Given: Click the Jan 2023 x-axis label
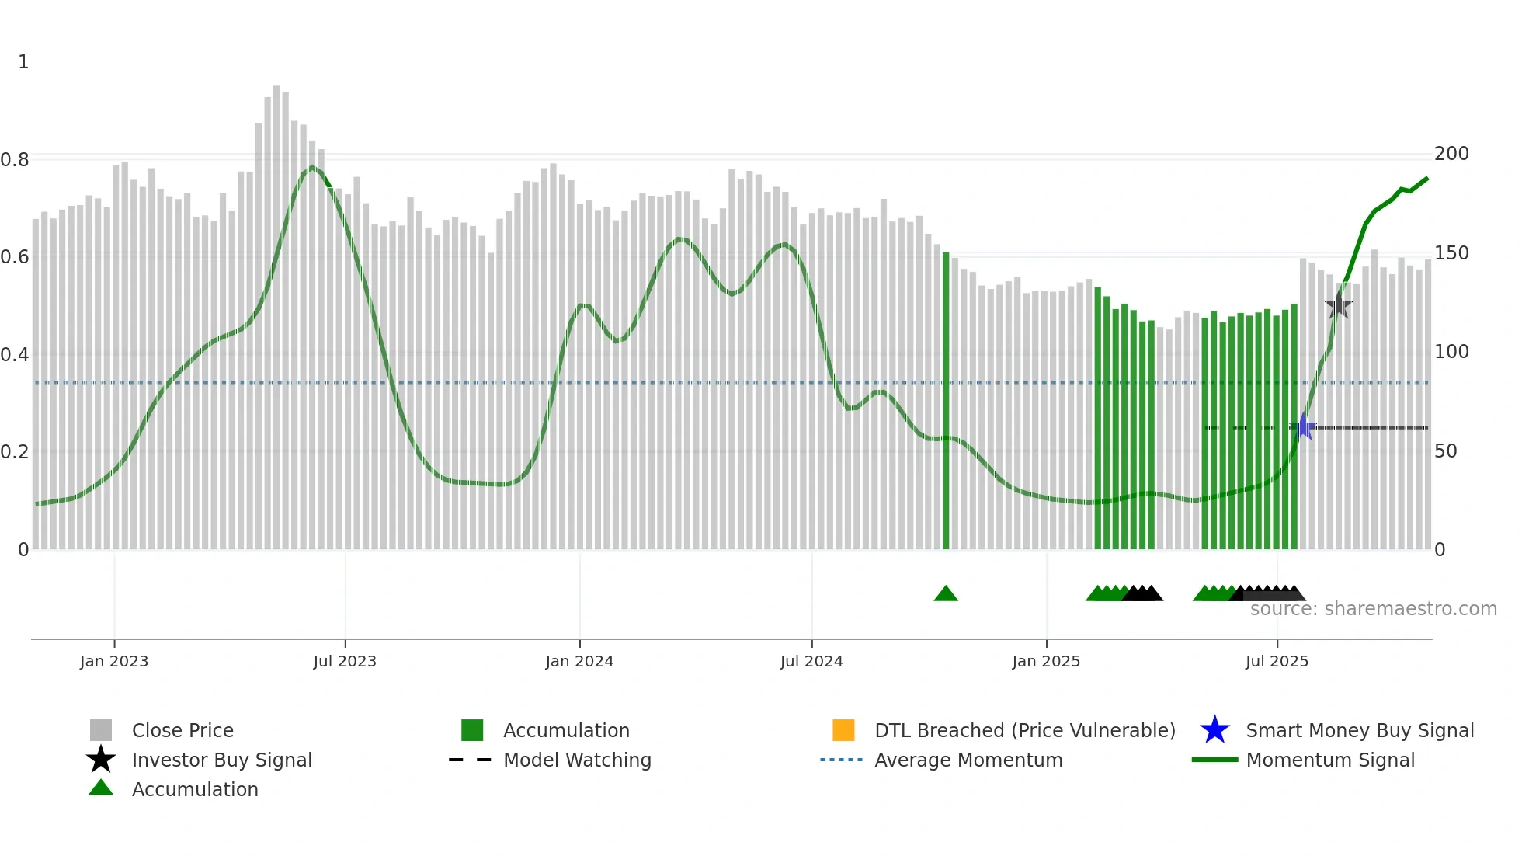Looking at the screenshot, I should point(114,661).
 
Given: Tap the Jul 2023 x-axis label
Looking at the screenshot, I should point(345,661).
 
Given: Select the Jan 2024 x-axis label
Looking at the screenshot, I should point(579,661).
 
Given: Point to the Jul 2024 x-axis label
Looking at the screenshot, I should point(811,661).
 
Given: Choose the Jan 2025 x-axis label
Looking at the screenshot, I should point(1046,661).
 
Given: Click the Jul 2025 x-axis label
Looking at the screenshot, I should point(1277,661).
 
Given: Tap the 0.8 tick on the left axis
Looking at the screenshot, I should point(15,160).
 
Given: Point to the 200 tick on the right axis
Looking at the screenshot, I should point(1451,154).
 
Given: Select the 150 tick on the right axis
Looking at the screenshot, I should point(1451,253).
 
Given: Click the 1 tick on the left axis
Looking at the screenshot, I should point(23,62).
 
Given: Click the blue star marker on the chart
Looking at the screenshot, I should point(1303,427).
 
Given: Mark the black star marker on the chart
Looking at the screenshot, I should point(1338,305).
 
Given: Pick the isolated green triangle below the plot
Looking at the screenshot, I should point(946,594).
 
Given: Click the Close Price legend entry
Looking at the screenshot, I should point(182,730).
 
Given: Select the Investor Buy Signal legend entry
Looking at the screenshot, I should point(221,760).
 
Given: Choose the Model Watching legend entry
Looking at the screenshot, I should point(577,760).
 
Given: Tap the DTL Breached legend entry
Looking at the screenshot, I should point(1024,730).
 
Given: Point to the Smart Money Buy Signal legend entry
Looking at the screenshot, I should point(1360,730).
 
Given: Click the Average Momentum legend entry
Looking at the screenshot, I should point(968,760).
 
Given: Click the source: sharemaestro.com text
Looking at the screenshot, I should point(1373,609).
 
